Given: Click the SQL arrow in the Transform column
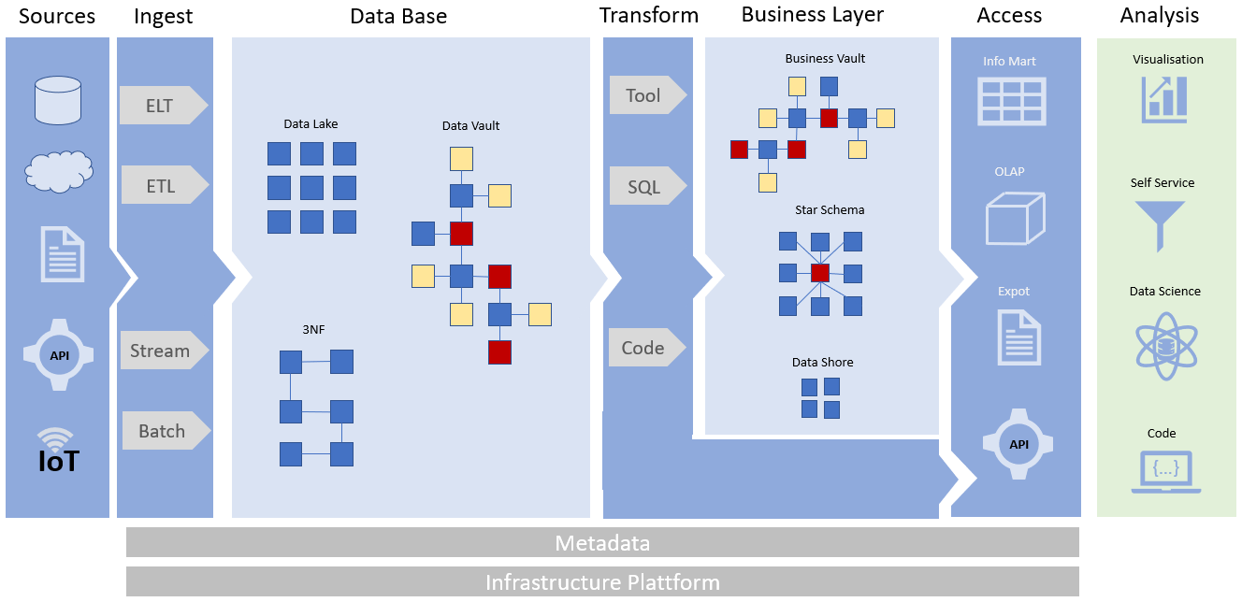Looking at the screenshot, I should (x=646, y=187).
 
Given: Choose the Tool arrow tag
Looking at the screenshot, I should (x=646, y=95).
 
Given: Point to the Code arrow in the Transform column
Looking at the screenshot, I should (x=646, y=348).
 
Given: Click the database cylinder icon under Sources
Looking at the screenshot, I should (x=58, y=101).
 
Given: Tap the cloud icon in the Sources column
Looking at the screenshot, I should (x=58, y=171).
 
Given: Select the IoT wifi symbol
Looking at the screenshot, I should (x=57, y=437).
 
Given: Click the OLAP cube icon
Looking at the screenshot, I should (x=1014, y=220).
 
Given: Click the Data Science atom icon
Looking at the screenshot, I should (x=1164, y=345).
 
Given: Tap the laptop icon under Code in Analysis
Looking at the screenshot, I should (x=1165, y=471).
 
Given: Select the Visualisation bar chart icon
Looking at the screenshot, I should (x=1164, y=99).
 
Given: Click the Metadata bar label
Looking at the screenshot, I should (x=602, y=543).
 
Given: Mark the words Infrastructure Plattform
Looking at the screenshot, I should (x=602, y=583).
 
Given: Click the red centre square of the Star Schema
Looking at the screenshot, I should (x=820, y=273).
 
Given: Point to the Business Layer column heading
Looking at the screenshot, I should (x=812, y=14).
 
